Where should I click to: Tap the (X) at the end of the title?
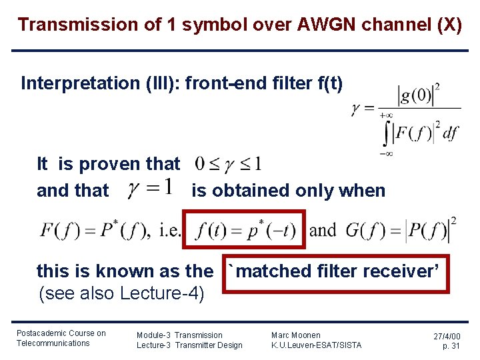click(446, 25)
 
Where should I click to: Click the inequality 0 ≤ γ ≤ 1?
click(227, 163)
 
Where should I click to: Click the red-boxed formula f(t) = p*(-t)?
click(246, 231)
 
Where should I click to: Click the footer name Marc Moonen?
click(295, 335)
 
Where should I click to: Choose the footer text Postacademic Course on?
click(61, 333)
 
